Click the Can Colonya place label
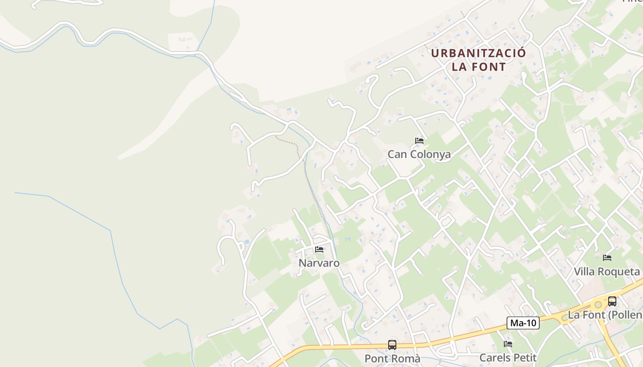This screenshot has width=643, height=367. tap(419, 154)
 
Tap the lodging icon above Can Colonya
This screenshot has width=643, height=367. tap(419, 140)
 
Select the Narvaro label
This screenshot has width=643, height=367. tap(319, 263)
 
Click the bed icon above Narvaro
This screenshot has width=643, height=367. tap(319, 250)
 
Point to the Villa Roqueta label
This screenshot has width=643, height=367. tap(607, 272)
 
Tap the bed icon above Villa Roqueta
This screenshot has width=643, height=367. tap(607, 257)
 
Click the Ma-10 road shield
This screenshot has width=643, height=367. tap(523, 323)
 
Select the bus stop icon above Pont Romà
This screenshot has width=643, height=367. tap(392, 345)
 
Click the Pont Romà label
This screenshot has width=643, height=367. tap(392, 358)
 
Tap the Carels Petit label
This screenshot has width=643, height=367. tap(508, 357)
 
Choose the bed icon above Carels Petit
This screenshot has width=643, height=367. tap(508, 344)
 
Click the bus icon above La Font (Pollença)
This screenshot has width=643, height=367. tap(612, 301)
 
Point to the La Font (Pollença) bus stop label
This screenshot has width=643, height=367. tap(605, 315)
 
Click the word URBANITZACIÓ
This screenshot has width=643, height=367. tap(478, 53)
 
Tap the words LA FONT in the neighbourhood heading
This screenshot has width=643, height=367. tap(479, 67)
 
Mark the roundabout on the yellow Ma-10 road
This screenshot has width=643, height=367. tap(598, 304)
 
